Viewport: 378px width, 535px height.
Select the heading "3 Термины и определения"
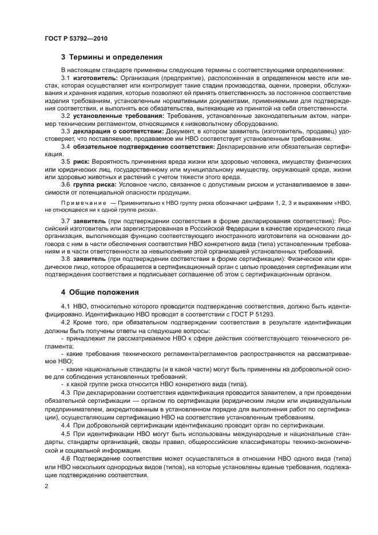click(x=112, y=57)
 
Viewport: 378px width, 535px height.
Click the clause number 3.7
click(x=66, y=221)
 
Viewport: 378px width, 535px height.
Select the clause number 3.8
click(x=66, y=259)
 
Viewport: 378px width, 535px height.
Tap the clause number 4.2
click(x=66, y=323)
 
